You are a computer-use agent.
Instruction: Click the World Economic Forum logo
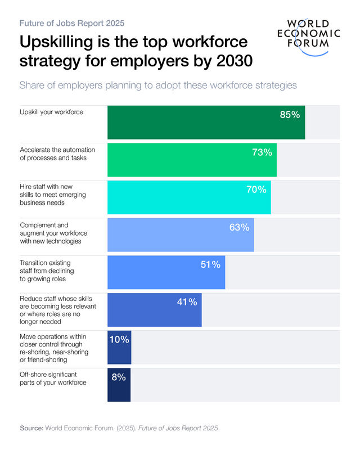click(313, 36)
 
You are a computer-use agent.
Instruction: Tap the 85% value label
click(290, 115)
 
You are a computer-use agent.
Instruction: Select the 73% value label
click(262, 152)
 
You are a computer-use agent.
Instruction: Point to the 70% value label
click(256, 190)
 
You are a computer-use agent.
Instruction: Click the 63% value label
click(239, 227)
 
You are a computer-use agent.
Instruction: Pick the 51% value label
click(210, 264)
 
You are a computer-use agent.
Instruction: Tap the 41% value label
click(187, 302)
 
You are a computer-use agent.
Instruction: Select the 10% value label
click(119, 339)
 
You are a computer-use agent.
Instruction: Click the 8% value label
click(118, 377)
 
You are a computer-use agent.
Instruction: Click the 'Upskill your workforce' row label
click(52, 112)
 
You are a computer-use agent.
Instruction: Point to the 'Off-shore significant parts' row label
click(53, 379)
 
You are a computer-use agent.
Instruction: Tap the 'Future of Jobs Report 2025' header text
click(72, 24)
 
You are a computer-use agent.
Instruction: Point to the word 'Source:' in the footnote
click(31, 428)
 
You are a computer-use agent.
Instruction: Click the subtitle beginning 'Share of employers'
click(158, 85)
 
